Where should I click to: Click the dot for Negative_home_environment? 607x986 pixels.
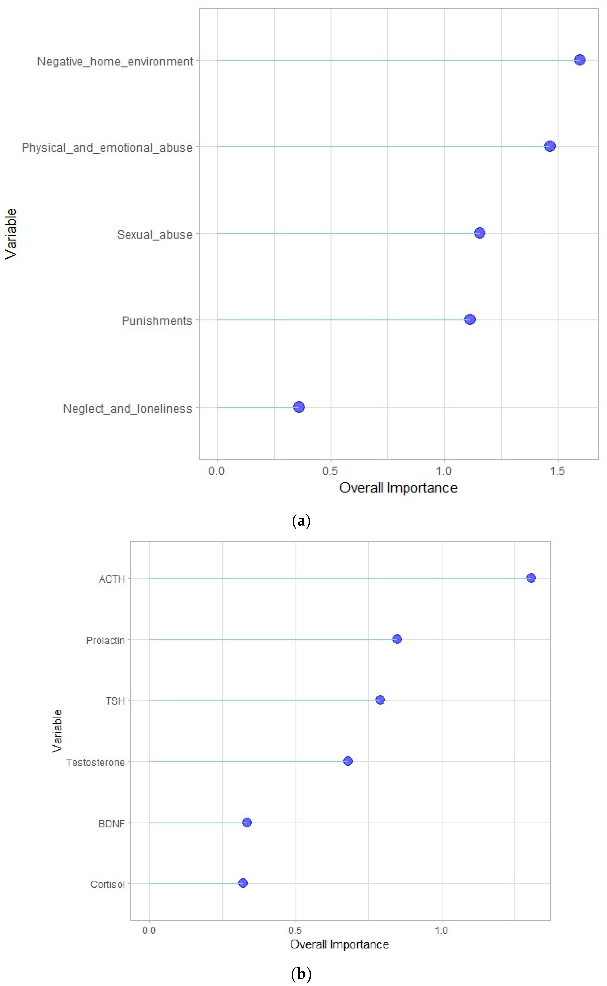579,60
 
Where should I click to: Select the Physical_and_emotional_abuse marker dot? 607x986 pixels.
550,146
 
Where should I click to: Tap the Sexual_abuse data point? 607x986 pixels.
479,233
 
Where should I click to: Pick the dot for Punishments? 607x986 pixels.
470,319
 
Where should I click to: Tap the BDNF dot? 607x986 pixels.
247,823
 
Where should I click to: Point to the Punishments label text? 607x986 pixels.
157,321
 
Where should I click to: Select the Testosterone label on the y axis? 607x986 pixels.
95,762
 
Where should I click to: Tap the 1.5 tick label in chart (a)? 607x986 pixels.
557,471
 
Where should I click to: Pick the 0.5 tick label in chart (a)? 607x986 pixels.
330,471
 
